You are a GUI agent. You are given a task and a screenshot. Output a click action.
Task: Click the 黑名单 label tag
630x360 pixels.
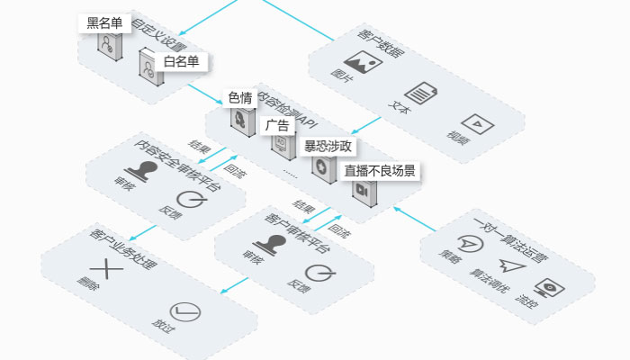point(104,23)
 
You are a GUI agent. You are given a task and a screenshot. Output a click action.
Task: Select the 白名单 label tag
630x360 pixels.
point(181,61)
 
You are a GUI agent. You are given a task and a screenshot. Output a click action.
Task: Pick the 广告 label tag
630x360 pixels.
point(277,124)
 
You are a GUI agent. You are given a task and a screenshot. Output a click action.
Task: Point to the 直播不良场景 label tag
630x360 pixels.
point(379,170)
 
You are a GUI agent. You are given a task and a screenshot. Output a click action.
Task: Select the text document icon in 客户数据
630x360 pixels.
point(420,94)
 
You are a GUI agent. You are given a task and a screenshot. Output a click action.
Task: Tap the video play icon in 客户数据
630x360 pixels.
point(473,123)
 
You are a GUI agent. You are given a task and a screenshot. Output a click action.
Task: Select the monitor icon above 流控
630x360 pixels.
point(545,288)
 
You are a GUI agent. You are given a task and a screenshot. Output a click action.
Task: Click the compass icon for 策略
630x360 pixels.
point(467,243)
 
